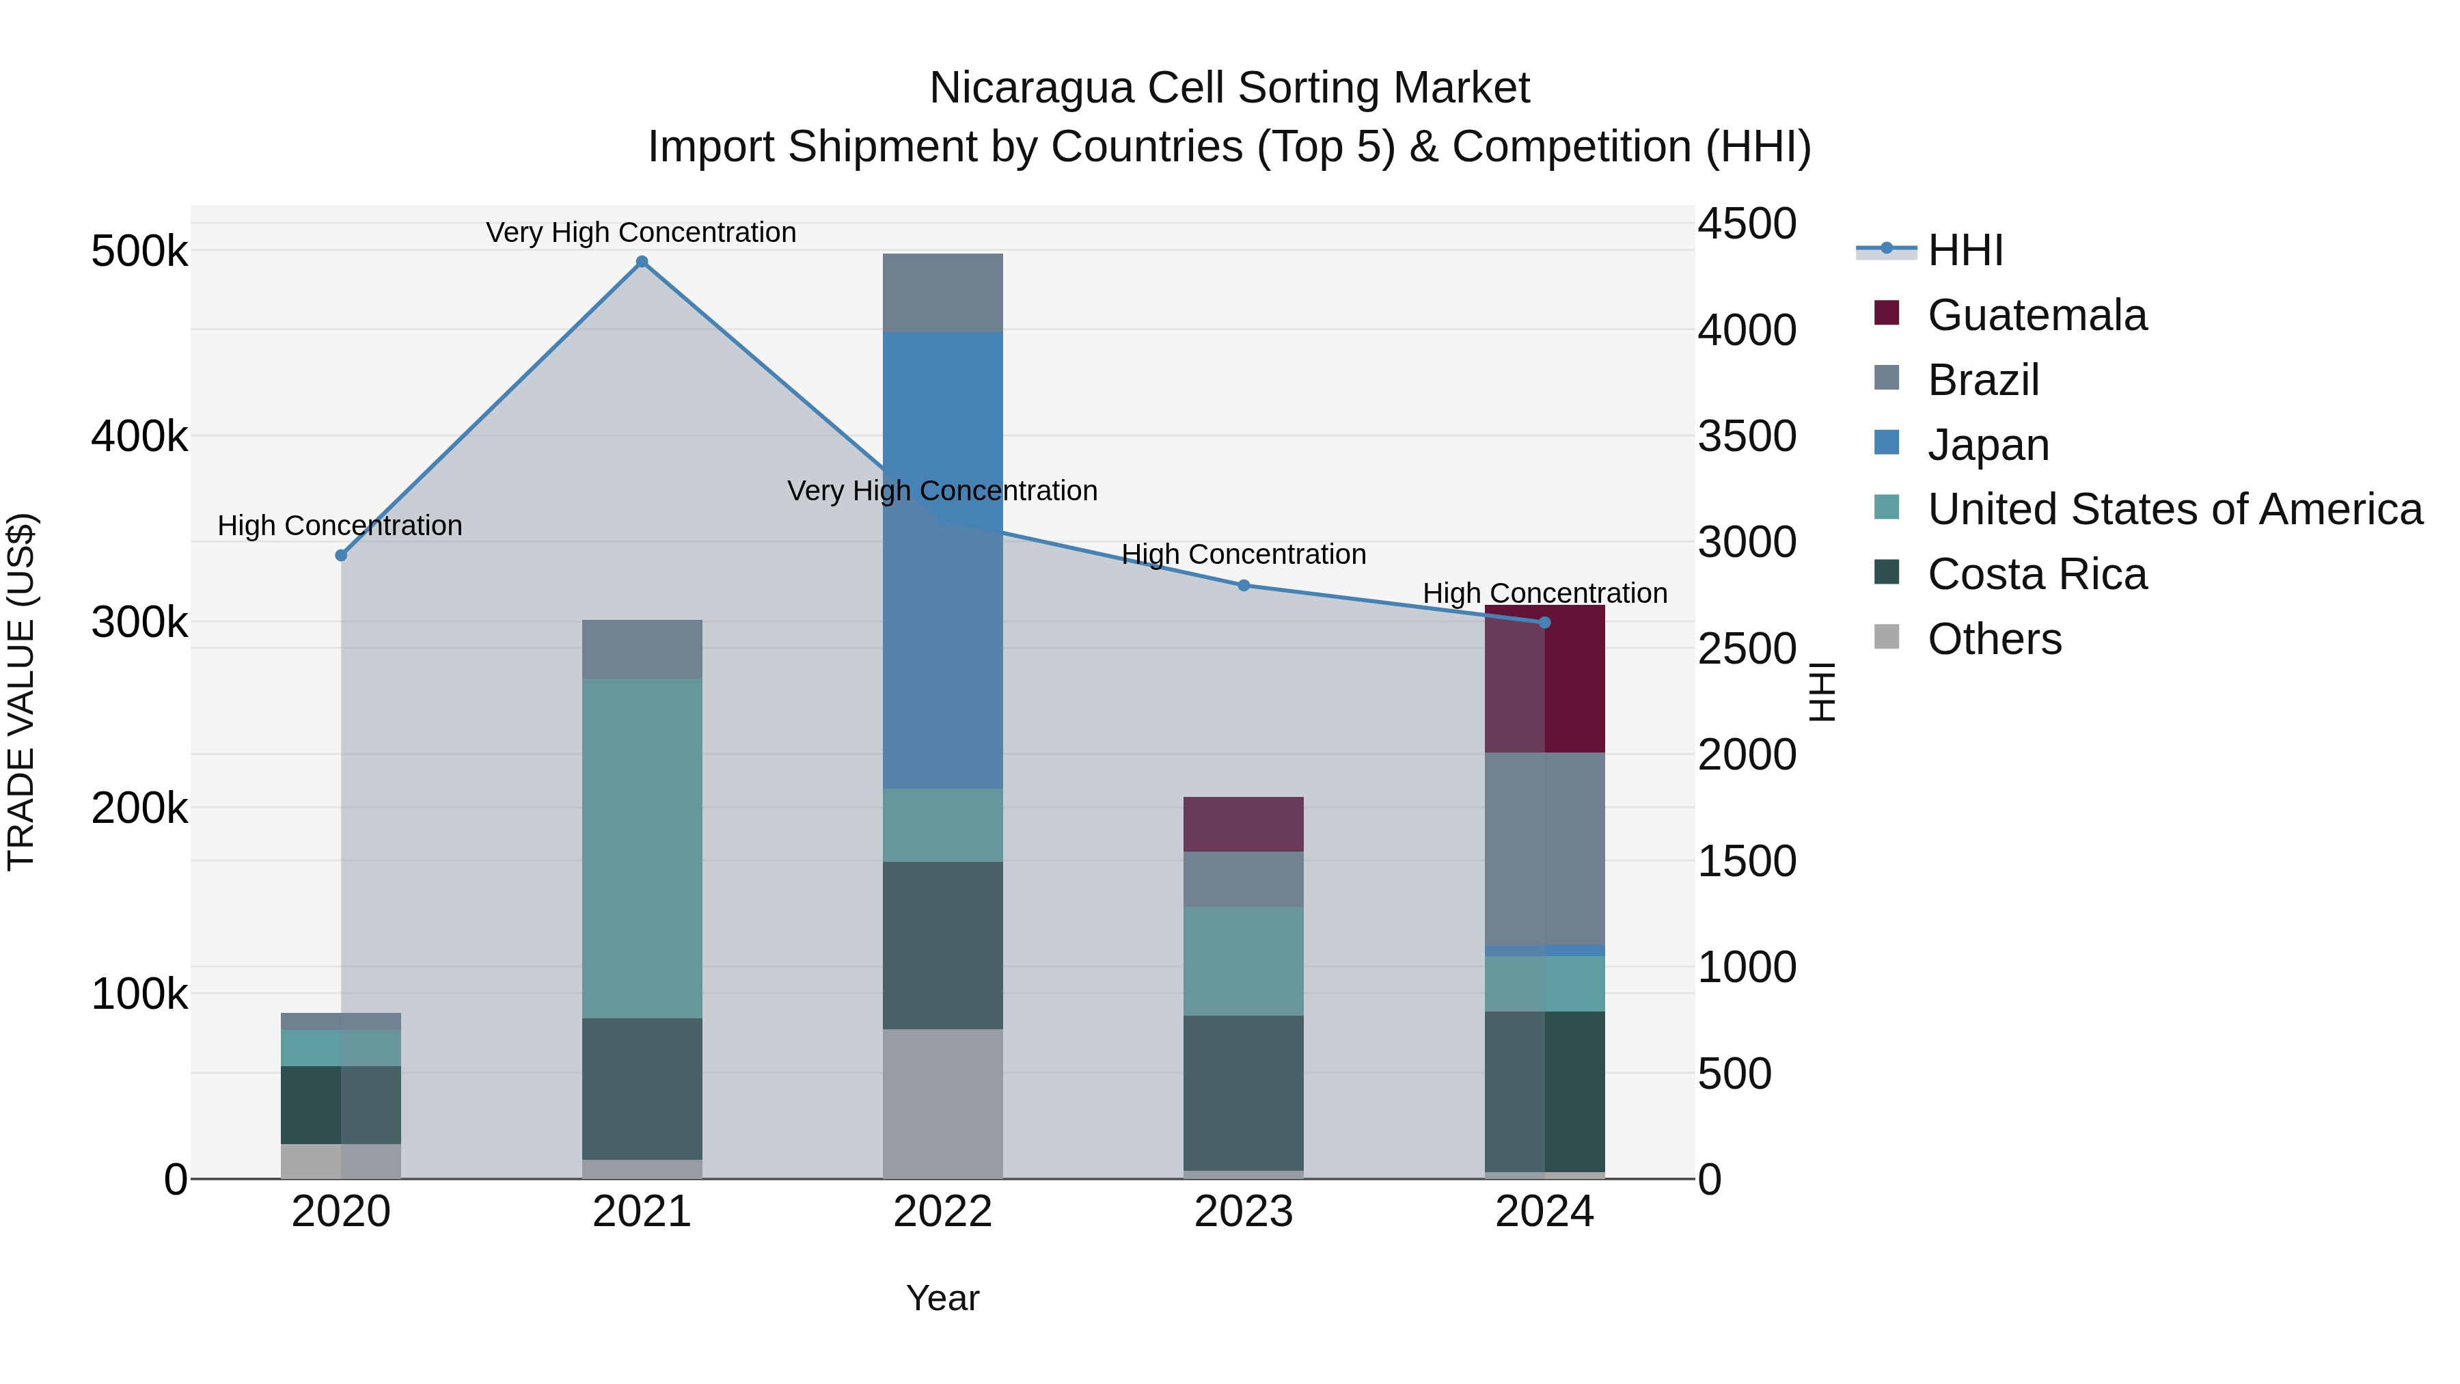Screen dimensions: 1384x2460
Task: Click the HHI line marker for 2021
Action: click(642, 262)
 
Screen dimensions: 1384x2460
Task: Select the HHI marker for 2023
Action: click(1244, 586)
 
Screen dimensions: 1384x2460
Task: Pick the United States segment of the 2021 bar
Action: click(642, 848)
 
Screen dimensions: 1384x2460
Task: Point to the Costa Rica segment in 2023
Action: click(1244, 1093)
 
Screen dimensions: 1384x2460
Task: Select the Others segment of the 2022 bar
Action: click(942, 1103)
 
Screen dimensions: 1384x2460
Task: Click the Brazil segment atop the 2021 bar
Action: click(642, 649)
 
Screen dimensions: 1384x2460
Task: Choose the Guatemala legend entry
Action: click(2036, 315)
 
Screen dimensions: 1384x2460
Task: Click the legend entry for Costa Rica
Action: click(2036, 574)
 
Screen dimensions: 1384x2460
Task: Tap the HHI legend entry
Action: click(1965, 250)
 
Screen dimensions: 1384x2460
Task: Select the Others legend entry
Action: click(1994, 639)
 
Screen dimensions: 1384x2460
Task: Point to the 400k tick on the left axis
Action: click(139, 437)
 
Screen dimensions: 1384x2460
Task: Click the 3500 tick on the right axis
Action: click(1747, 437)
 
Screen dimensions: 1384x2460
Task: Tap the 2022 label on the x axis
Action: click(942, 1212)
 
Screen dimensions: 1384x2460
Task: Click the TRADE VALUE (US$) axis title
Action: click(21, 692)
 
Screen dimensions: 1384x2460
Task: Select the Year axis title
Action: click(942, 1298)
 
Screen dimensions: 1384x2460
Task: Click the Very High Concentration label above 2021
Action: click(641, 232)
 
